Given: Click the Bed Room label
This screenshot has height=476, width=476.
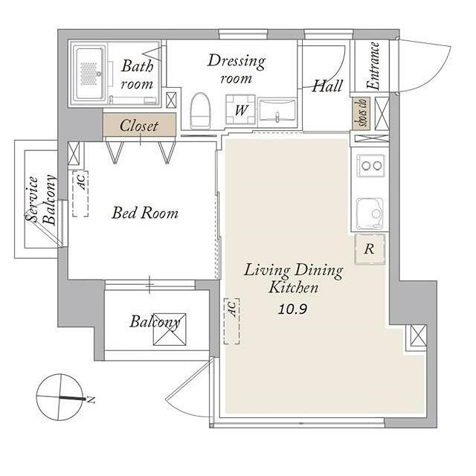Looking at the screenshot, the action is [x=145, y=213].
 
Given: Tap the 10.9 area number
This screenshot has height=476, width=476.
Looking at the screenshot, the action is [x=292, y=309].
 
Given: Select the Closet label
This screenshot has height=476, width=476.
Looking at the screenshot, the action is [x=139, y=126].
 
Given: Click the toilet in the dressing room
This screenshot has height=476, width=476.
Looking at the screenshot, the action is [x=200, y=111].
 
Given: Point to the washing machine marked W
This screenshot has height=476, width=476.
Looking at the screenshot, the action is [x=240, y=109].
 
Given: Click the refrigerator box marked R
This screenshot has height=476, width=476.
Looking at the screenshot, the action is [x=370, y=249].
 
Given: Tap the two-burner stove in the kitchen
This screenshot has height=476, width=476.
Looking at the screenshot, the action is [x=370, y=165].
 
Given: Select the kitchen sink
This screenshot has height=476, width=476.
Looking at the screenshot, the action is [x=370, y=214].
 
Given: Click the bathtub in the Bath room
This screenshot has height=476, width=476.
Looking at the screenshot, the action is [x=89, y=74].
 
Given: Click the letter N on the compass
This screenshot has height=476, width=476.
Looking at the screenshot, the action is [x=91, y=399].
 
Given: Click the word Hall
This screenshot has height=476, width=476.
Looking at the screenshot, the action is [x=327, y=86].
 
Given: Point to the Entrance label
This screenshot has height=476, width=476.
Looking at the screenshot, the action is [x=373, y=66].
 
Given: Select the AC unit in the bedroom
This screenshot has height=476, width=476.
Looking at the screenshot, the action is [x=80, y=193].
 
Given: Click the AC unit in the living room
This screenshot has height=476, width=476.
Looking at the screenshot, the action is [x=231, y=321].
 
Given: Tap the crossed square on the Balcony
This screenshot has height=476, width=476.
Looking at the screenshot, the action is [x=170, y=329].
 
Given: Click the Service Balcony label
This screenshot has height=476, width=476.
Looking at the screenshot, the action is [x=41, y=199].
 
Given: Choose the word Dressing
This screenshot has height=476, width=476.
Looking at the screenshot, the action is [x=237, y=62].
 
